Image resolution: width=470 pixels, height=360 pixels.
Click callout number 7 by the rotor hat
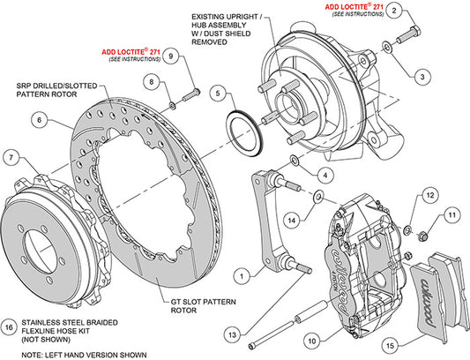tap(11, 158)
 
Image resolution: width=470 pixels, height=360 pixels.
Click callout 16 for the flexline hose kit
tap(9, 324)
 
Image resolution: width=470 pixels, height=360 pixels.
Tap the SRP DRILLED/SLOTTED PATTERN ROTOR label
tap(51, 91)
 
